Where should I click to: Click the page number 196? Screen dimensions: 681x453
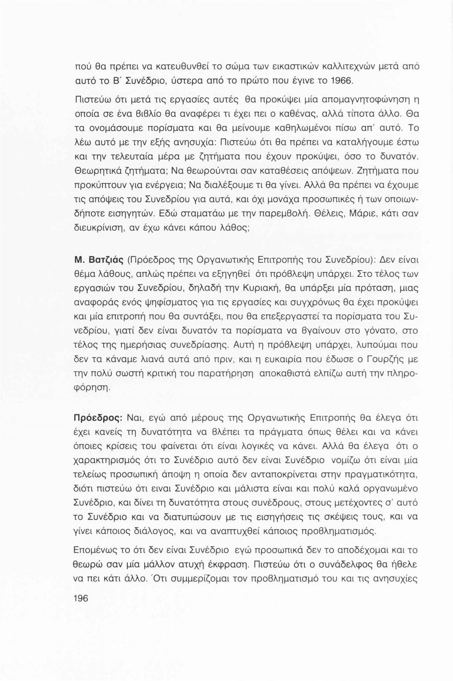(x=81, y=598)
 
